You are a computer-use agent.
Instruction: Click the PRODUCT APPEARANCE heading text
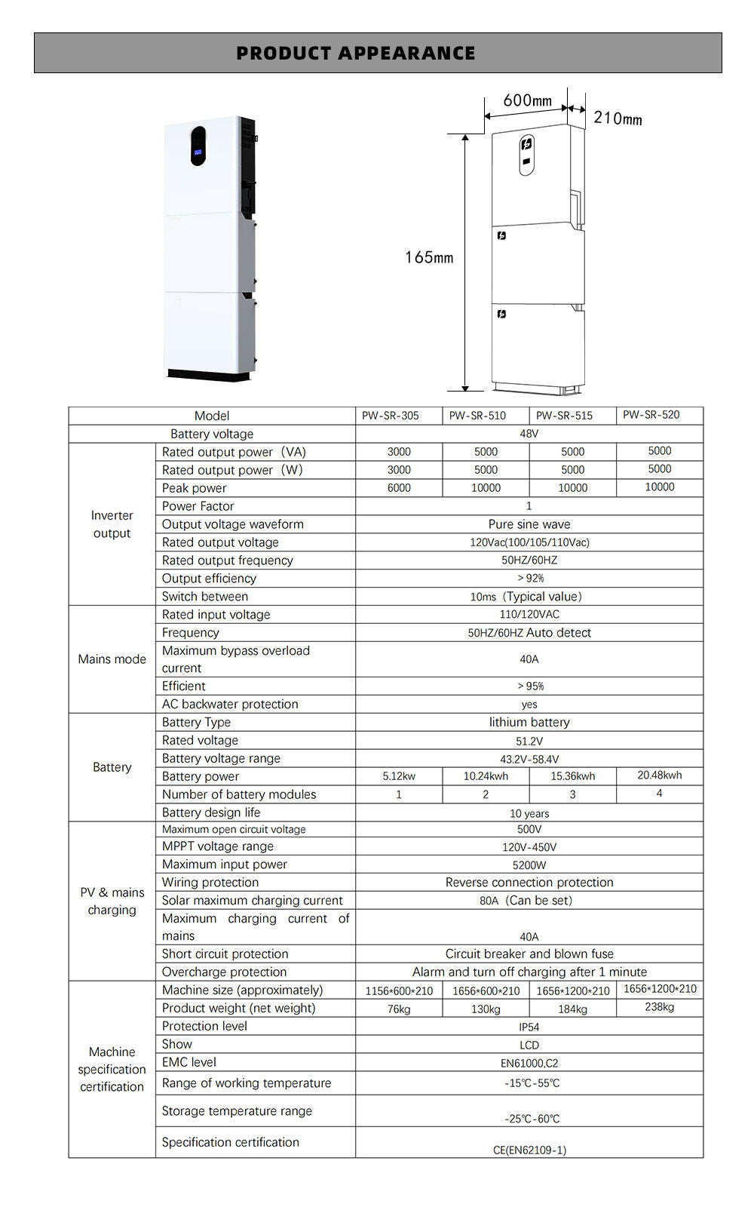356,54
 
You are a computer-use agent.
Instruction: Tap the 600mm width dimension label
527,100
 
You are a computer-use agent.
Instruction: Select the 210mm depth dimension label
618,118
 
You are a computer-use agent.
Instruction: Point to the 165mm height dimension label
429,257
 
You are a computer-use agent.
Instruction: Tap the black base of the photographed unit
209,374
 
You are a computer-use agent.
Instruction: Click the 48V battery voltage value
529,434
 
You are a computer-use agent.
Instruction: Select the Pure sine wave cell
529,524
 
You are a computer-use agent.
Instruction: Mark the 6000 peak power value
399,488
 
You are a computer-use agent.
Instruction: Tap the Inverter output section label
112,524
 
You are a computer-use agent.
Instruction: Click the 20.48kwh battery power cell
659,775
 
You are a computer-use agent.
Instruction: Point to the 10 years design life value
529,813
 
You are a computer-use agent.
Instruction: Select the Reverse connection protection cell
529,883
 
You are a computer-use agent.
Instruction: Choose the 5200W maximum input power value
529,865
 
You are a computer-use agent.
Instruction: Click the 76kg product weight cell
399,1009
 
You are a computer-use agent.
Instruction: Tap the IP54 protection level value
529,1027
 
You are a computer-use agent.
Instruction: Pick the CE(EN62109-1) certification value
529,1150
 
